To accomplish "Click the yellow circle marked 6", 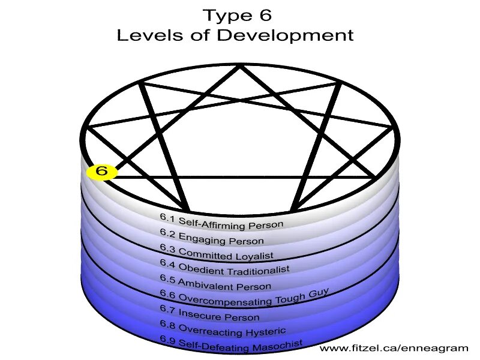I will (x=102, y=172).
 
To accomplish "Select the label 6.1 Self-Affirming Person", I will (x=221, y=220).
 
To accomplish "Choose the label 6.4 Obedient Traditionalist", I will (x=224, y=266).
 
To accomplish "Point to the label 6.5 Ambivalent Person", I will (x=215, y=283).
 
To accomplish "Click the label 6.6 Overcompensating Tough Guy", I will (x=244, y=296).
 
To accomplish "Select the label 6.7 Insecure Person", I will (x=209, y=313).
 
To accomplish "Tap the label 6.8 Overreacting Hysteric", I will (x=222, y=328).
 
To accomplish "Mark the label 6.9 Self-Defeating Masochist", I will (x=231, y=343).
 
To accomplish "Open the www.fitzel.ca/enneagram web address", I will (x=394, y=349).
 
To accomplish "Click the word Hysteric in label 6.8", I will (x=265, y=331).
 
